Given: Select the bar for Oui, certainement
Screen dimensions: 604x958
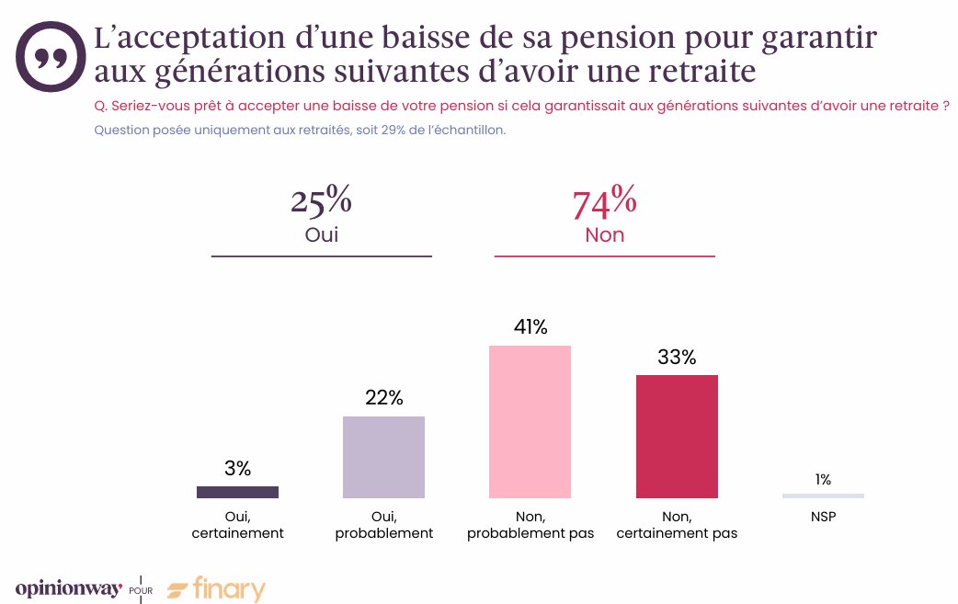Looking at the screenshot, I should coord(237,492).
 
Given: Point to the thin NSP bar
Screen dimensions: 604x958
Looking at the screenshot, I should coord(823,496).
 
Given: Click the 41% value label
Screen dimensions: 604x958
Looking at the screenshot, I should coord(530,327).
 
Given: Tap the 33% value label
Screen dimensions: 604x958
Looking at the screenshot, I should coord(677,358).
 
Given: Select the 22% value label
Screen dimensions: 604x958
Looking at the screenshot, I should coord(383,398).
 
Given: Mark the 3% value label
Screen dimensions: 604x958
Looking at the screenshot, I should coord(237,468).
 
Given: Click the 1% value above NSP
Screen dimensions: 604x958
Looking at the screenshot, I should coord(823,479).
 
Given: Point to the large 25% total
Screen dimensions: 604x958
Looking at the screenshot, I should coord(321,200).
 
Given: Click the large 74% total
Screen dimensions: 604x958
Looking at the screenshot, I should coord(604,203).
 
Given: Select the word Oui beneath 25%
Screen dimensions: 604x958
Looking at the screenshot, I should coord(321,234).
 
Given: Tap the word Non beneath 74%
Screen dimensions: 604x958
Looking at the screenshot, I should coord(604,235).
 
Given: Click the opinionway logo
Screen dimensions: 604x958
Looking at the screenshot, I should coord(68,588).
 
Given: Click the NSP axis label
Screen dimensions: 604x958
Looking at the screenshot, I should coord(823,517).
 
